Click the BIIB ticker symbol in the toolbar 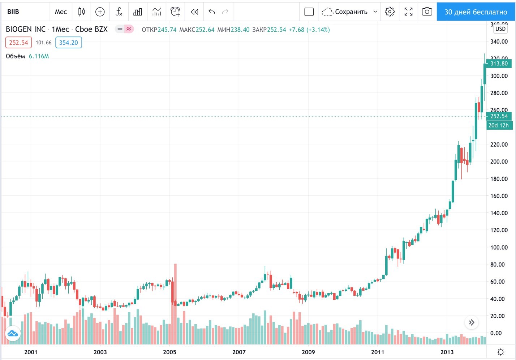click(13, 12)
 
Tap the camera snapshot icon click(427, 12)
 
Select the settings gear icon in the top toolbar click(390, 12)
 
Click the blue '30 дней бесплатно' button click(476, 12)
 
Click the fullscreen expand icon click(408, 12)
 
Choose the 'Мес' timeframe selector click(61, 12)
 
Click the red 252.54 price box click(18, 43)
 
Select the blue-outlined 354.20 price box click(69, 43)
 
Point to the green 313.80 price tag click(499, 64)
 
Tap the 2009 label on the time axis click(308, 352)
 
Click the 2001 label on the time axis click(31, 352)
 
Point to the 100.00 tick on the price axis click(499, 247)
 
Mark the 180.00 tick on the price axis click(499, 179)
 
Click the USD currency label click(500, 29)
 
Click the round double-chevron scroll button click(472, 322)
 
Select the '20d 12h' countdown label click(499, 125)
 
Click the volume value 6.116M click(39, 56)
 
